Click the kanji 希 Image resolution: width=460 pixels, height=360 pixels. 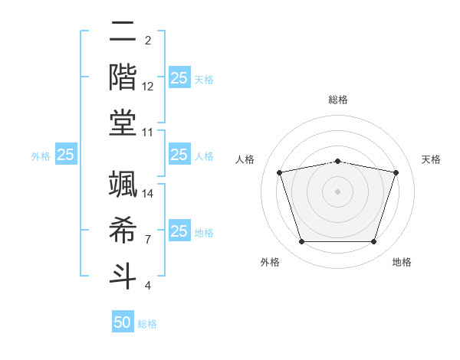[x=123, y=227]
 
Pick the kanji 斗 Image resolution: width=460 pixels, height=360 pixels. [x=123, y=273]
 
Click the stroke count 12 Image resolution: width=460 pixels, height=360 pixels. [x=148, y=87]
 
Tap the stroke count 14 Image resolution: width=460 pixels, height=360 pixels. [x=148, y=193]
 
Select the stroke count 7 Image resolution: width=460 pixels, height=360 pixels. [x=147, y=240]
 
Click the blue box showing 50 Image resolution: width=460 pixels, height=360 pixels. [x=123, y=322]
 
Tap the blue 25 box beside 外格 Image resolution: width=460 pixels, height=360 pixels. [x=66, y=155]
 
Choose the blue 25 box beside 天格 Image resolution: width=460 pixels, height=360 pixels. [x=179, y=77]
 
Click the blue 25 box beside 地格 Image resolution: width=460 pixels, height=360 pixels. [x=179, y=231]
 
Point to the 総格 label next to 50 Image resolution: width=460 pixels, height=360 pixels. [x=147, y=324]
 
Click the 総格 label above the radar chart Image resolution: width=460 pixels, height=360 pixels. [x=338, y=100]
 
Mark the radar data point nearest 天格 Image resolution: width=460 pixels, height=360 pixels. [x=396, y=172]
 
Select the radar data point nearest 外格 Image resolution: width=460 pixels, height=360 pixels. [x=301, y=241]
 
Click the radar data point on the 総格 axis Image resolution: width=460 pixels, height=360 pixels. [x=337, y=161]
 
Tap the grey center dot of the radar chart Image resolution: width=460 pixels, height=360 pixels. [x=337, y=191]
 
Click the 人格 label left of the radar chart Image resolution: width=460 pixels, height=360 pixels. [x=245, y=159]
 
